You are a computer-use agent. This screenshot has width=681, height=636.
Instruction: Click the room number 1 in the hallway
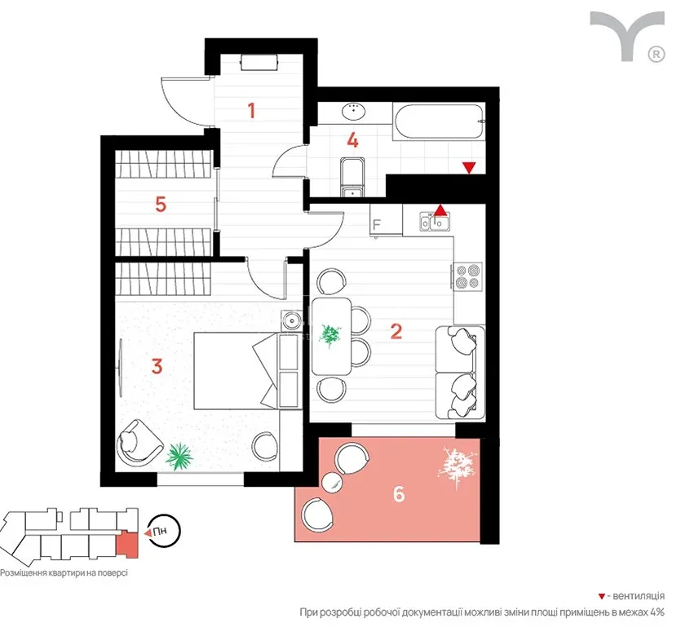click(251, 110)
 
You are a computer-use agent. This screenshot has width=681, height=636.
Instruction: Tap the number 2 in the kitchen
click(396, 332)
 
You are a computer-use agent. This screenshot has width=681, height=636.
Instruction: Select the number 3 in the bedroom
click(157, 366)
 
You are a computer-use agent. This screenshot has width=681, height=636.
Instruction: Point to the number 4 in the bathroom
click(352, 141)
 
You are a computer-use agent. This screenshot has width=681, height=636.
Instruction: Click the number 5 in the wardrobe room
click(161, 204)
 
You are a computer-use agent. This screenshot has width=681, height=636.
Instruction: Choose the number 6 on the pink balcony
click(399, 493)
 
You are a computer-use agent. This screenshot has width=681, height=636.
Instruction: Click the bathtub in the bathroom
click(439, 121)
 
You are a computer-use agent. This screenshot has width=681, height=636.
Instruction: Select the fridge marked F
click(386, 221)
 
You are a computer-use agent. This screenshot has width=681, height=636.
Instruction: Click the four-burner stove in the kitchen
click(468, 276)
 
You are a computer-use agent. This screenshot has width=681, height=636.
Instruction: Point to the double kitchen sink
click(435, 222)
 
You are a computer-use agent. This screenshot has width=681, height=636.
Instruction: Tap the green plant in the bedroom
click(179, 457)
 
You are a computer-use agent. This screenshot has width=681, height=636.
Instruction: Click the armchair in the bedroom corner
click(138, 443)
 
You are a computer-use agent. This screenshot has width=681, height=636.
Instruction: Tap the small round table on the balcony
click(333, 483)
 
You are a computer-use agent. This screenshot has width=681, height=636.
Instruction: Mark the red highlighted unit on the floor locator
click(126, 545)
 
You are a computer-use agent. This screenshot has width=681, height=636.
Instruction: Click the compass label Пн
click(160, 531)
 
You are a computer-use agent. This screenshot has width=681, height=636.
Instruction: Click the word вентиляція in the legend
click(639, 595)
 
